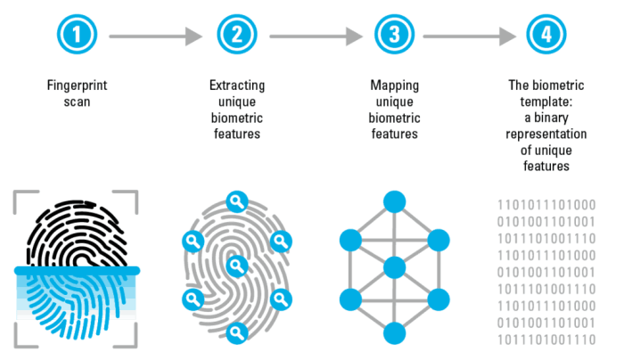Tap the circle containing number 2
pos(236,37)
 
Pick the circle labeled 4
pos(546,37)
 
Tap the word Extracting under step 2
pos(236,86)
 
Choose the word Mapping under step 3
pos(395,86)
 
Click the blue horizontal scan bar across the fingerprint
pos(76,270)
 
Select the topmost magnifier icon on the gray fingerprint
pos(236,200)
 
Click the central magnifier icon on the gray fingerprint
pos(236,265)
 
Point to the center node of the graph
pos(394,266)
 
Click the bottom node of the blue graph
pos(394,333)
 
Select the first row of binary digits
pos(546,204)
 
